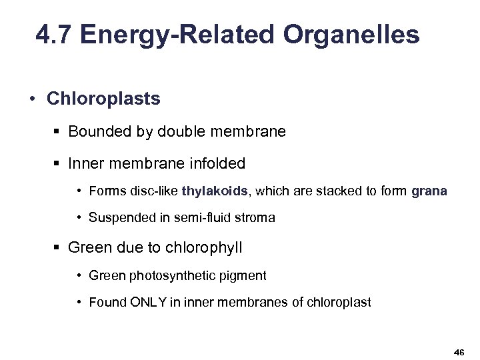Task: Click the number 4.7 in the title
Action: (55, 35)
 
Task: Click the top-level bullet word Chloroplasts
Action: (103, 99)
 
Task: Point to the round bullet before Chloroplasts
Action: (31, 99)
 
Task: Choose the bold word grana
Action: (429, 191)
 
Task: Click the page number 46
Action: (459, 351)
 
